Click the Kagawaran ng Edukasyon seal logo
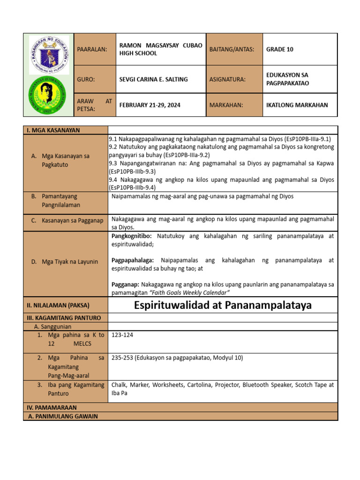[49, 55]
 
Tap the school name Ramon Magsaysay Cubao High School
[161, 49]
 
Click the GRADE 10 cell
[280, 49]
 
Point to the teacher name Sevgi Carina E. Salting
[153, 79]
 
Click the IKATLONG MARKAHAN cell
[297, 105]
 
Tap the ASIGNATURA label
[227, 79]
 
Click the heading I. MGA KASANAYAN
[53, 130]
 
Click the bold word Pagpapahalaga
[134, 260]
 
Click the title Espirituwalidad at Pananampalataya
[223, 306]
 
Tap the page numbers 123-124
[122, 335]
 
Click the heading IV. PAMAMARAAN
[52, 408]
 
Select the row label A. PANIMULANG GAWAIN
[63, 416]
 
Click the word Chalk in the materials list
[119, 385]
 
